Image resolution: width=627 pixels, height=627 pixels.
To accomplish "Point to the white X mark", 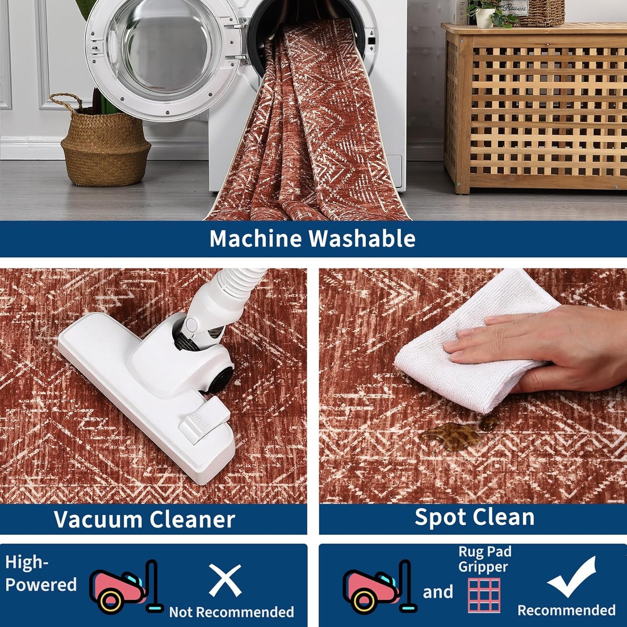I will pyautogui.click(x=225, y=580).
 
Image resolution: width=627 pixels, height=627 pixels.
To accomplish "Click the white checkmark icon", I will pyautogui.click(x=572, y=577).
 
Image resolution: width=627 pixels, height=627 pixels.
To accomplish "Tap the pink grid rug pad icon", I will pyautogui.click(x=484, y=595).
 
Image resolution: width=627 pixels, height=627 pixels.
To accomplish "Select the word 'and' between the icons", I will pyautogui.click(x=438, y=592).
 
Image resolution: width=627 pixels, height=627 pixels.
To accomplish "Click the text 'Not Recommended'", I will pyautogui.click(x=231, y=612).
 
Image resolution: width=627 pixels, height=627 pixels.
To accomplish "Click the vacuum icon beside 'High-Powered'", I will pyautogui.click(x=125, y=587).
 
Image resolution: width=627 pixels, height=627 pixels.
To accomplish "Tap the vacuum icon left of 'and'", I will pyautogui.click(x=379, y=587).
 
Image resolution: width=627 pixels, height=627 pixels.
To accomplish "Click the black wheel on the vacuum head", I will pyautogui.click(x=221, y=378).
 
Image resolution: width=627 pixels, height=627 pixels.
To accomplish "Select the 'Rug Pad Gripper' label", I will pyautogui.click(x=485, y=559).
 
